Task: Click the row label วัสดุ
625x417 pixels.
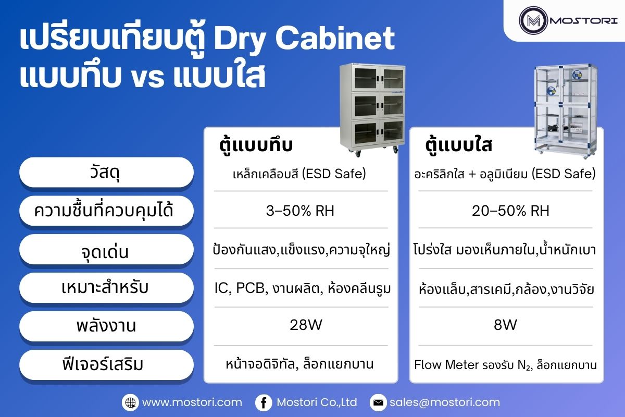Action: click(x=106, y=172)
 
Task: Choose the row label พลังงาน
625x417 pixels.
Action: click(x=106, y=326)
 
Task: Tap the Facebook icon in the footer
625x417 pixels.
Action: click(x=264, y=402)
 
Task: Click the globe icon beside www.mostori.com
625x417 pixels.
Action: click(x=130, y=402)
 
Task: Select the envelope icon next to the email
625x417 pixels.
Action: click(x=378, y=402)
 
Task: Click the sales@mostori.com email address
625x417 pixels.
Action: click(x=444, y=402)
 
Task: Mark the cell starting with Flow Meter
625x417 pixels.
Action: click(x=505, y=365)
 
